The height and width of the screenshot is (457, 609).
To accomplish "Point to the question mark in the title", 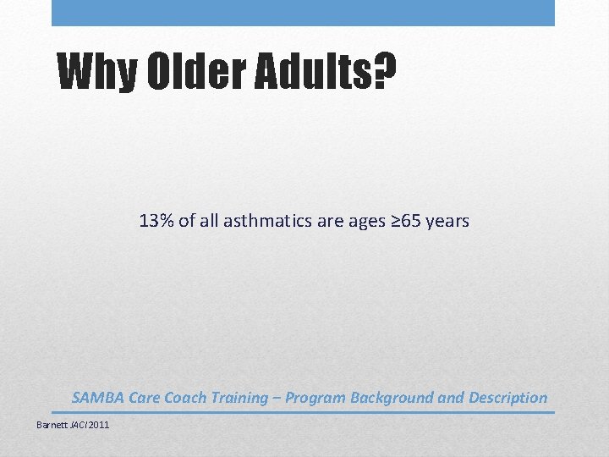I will [x=384, y=74].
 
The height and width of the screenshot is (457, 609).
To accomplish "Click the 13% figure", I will [x=157, y=222].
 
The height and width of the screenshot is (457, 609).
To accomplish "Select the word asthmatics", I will [x=266, y=222].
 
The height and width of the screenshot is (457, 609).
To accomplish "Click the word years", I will [x=447, y=222].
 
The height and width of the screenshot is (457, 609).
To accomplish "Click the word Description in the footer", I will [x=507, y=398].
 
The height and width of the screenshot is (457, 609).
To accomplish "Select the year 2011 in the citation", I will [x=98, y=424].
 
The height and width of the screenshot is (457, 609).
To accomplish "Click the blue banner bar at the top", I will [x=303, y=13].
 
